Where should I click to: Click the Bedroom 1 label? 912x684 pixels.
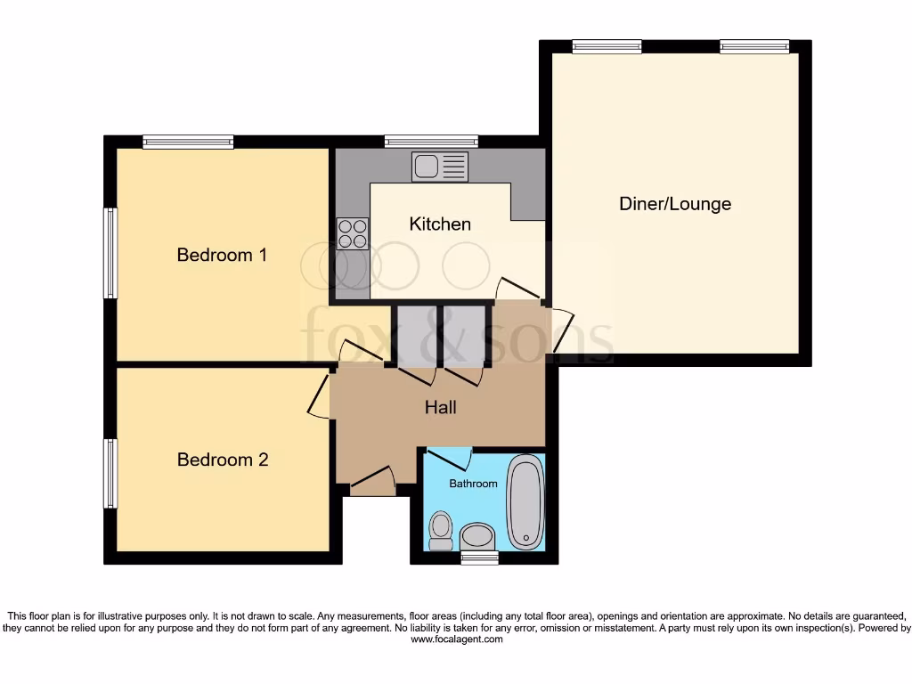click(222, 255)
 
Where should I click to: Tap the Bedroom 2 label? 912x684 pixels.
click(223, 460)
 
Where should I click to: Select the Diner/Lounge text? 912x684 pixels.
click(675, 203)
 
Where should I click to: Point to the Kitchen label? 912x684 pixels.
click(440, 224)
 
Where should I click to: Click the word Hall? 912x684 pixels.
click(440, 407)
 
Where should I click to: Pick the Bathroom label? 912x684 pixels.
click(473, 484)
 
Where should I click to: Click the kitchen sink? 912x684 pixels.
click(439, 167)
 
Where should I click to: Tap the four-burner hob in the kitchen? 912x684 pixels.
click(353, 233)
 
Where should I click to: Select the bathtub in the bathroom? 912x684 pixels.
click(525, 501)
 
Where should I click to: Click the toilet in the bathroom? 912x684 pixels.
click(441, 530)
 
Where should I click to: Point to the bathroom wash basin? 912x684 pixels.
click(478, 536)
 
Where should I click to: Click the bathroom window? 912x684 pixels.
click(480, 558)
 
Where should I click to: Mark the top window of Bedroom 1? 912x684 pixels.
click(188, 142)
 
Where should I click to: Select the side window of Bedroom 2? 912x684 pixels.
click(110, 473)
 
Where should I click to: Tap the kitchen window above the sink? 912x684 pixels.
click(431, 141)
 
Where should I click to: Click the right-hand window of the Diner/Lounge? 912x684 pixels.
click(754, 47)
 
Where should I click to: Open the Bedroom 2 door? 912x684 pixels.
click(319, 395)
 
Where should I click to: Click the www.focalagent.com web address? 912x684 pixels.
click(455, 639)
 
